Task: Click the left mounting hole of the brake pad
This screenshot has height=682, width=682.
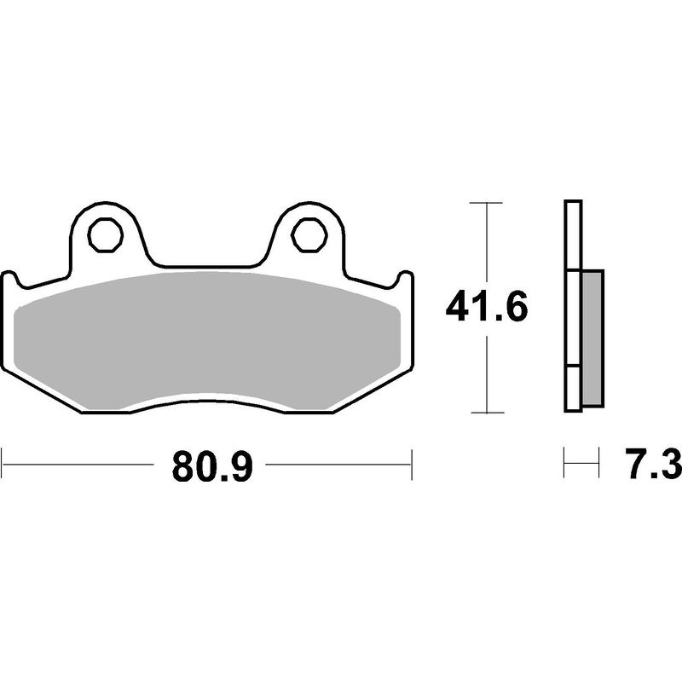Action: pyautogui.click(x=105, y=232)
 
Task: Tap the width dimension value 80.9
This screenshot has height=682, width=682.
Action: pyautogui.click(x=213, y=466)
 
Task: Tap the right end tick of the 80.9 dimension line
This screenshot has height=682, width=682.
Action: pyautogui.click(x=412, y=466)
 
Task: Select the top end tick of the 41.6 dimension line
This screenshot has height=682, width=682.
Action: pyautogui.click(x=486, y=203)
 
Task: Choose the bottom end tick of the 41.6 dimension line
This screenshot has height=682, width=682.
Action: pyautogui.click(x=486, y=413)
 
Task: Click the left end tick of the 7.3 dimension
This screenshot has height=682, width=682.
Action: pyautogui.click(x=564, y=466)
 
